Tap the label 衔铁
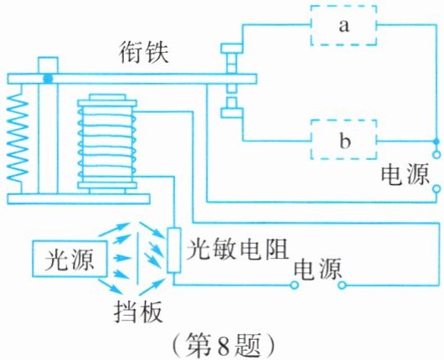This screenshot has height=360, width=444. tap(144, 53)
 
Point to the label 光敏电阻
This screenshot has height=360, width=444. tap(237, 249)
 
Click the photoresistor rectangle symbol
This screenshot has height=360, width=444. tap(173, 250)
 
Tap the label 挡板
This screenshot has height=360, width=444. tap(138, 311)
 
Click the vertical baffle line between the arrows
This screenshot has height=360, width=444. tap(138, 258)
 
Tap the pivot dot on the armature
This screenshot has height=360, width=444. tap(48, 79)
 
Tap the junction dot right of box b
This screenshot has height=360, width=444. tap(436, 141)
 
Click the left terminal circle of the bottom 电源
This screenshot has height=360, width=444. tap(295, 285)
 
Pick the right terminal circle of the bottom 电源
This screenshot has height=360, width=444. tap(342, 285)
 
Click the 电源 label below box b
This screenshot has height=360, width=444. tap(405, 175)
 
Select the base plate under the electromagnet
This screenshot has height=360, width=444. tap(79, 199)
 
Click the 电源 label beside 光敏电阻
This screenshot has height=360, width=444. tap(318, 269)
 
